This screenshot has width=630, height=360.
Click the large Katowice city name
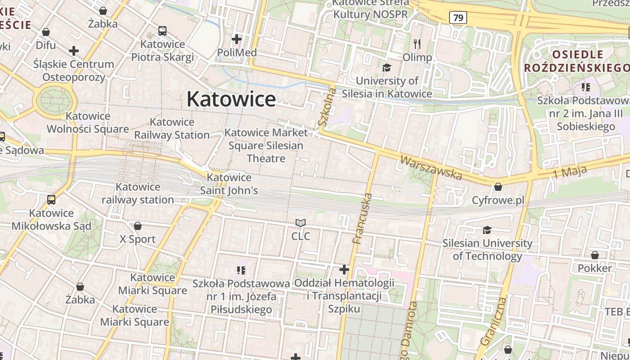[231, 99]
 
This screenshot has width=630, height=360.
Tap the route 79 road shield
[458, 18]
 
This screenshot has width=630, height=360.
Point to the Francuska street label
[363, 218]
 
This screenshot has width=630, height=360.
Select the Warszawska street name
[431, 167]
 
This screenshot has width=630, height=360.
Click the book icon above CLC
[301, 223]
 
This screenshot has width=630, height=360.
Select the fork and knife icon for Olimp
[417, 44]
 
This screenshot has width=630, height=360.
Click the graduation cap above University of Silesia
[387, 67]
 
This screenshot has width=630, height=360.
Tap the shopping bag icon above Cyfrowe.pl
[498, 186]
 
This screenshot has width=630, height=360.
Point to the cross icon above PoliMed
[237, 39]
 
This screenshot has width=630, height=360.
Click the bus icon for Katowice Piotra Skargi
[162, 31]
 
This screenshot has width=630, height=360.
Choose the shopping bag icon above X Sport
[138, 226]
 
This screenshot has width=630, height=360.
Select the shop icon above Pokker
[595, 256]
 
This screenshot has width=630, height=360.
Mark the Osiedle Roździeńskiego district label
[577, 61]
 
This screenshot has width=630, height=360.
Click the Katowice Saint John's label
[229, 184]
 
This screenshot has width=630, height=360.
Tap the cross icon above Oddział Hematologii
[344, 270]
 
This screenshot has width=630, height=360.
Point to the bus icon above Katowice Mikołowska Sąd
[51, 199]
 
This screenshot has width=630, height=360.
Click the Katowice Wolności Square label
[88, 122]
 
